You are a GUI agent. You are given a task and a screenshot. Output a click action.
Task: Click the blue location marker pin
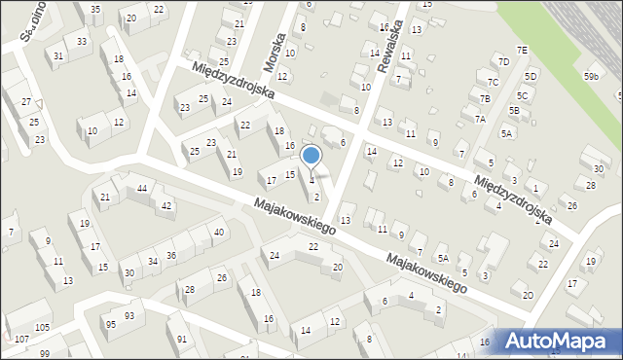coord(311,156)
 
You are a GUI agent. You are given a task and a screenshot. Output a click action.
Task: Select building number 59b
coord(592,76)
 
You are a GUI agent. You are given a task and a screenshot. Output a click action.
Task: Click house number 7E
coord(522,50)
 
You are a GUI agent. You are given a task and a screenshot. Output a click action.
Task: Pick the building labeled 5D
coord(531,76)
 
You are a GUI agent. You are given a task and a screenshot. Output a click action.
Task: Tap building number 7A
coord(480,119)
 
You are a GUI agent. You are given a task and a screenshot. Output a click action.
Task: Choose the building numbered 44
coord(142,188)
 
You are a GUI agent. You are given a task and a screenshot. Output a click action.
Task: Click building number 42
coord(166,205)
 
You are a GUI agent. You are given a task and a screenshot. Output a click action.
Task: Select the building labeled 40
coord(219,232)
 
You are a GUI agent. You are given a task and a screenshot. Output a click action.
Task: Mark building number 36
coord(171,255)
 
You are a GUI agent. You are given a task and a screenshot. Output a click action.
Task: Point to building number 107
coord(21,340)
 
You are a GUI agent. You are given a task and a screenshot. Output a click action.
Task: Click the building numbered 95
coord(111,324)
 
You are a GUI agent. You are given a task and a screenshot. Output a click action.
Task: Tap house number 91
coord(182,340)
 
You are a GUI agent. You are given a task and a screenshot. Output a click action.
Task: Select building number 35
coord(94,10)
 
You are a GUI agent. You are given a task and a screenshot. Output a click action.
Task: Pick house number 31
coord(59,55)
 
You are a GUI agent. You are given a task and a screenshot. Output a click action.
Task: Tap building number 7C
coord(494,82)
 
